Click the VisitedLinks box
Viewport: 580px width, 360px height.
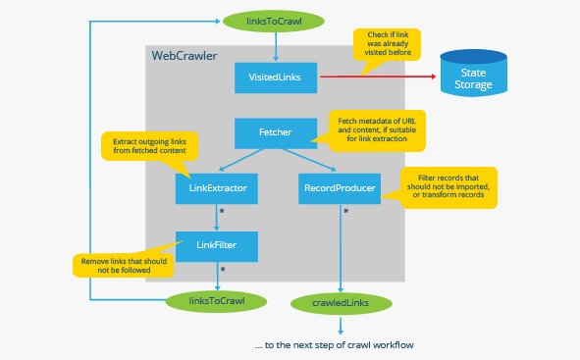click(276, 77)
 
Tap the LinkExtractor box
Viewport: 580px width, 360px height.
click(217, 187)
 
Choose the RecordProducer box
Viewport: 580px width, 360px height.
click(339, 187)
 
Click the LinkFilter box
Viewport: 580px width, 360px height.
click(217, 245)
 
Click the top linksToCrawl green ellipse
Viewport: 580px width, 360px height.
click(275, 18)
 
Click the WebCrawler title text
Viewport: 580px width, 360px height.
click(185, 56)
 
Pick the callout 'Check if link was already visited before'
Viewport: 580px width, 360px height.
click(387, 45)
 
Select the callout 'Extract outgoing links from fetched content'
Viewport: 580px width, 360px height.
click(149, 146)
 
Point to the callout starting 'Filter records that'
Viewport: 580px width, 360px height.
click(448, 186)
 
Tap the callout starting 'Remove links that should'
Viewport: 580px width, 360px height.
click(123, 265)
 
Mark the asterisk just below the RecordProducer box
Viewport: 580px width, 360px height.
click(344, 211)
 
